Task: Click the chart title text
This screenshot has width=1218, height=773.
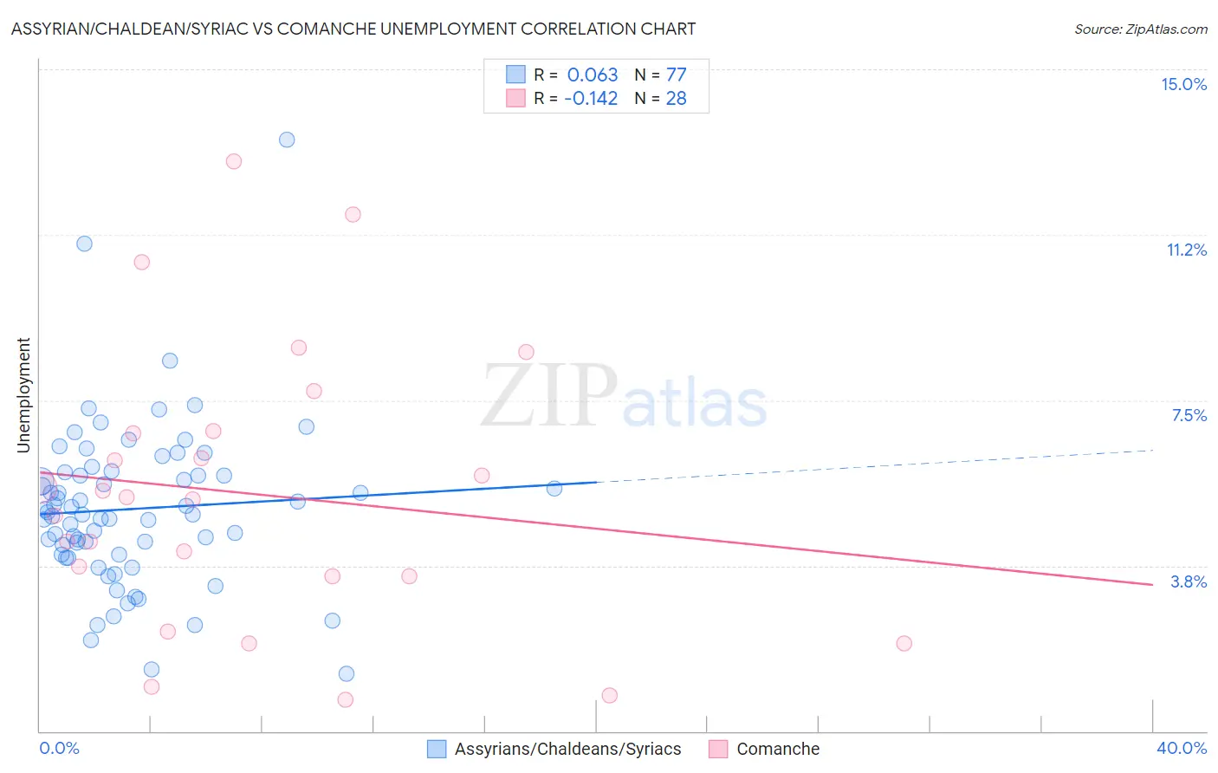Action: [353, 29]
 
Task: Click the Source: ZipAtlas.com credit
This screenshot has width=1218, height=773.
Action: [1140, 29]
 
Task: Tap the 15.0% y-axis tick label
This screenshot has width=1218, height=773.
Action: [1183, 84]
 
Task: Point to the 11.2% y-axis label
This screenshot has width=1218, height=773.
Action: [1186, 250]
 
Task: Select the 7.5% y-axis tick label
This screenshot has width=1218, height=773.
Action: [1189, 416]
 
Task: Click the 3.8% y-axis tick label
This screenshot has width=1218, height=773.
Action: [1189, 581]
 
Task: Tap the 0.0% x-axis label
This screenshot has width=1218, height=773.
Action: [59, 748]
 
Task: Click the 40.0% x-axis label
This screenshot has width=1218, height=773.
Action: [1181, 748]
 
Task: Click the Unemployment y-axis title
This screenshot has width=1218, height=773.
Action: [24, 395]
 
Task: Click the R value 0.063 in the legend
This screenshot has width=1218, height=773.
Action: [593, 75]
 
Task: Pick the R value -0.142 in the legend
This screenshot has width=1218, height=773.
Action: [591, 99]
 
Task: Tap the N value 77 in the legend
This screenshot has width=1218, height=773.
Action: [676, 75]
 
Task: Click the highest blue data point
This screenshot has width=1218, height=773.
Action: [287, 140]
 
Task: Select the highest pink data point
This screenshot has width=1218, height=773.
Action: [233, 161]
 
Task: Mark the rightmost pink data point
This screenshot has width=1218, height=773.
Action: [904, 643]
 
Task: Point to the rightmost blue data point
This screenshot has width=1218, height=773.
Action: [554, 489]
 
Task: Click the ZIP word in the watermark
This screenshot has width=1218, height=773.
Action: [549, 397]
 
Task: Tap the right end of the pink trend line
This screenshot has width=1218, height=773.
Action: [1152, 585]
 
